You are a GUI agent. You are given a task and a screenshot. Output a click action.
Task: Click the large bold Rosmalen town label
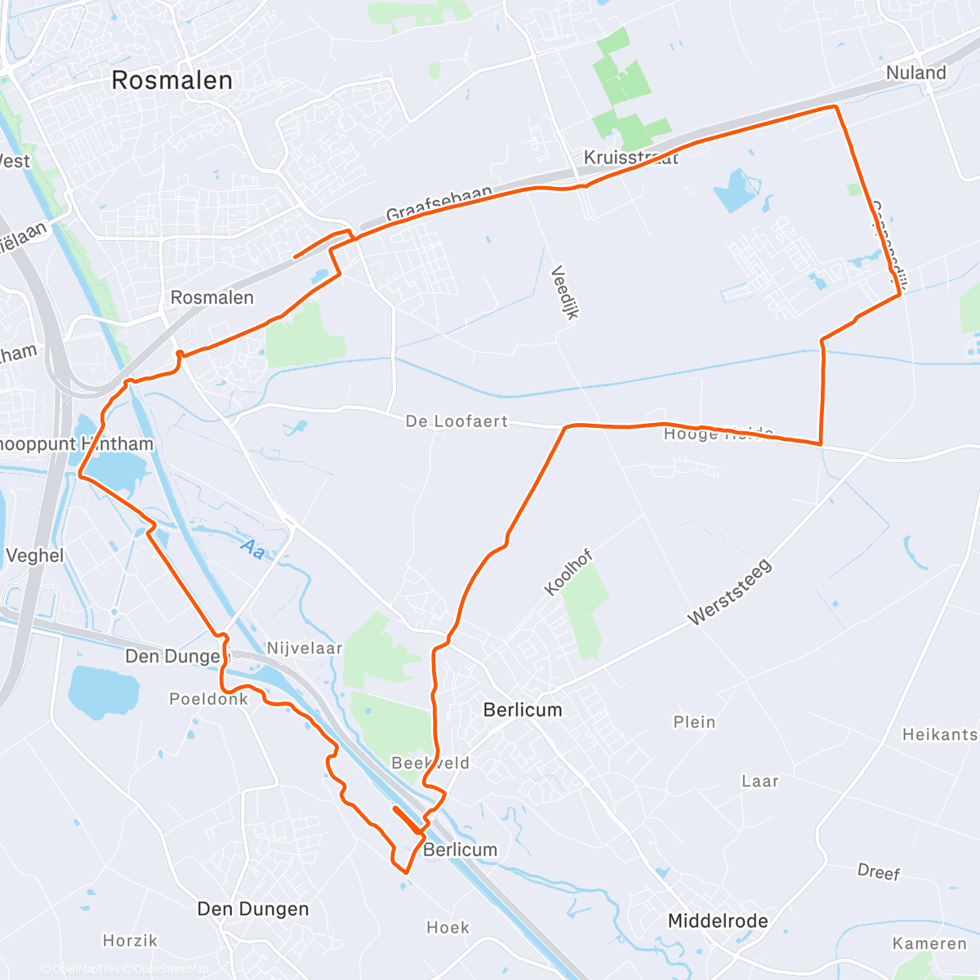pyautogui.click(x=171, y=80)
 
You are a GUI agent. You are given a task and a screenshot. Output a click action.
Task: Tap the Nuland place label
pyautogui.click(x=915, y=73)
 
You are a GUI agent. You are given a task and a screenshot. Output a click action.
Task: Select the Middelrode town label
pyautogui.click(x=717, y=921)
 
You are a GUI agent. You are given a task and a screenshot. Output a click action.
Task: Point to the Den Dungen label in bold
pyautogui.click(x=253, y=909)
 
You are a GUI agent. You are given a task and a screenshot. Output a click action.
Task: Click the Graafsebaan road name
pyautogui.click(x=439, y=203)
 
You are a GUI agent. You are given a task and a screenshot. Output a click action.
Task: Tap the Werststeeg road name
pyautogui.click(x=729, y=593)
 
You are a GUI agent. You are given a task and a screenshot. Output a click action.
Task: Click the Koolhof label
pyautogui.click(x=568, y=573)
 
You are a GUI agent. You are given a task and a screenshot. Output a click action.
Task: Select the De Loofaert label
pyautogui.click(x=457, y=421)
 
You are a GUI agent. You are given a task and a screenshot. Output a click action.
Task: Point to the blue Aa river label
pyautogui.click(x=253, y=549)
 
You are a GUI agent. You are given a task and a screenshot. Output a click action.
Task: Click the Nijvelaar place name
pyautogui.click(x=305, y=648)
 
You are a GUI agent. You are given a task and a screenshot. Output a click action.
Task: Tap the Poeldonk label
pyautogui.click(x=208, y=699)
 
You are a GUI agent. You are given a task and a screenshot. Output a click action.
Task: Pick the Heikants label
pyautogui.click(x=939, y=734)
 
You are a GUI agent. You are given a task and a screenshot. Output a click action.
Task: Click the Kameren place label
pyautogui.click(x=929, y=944)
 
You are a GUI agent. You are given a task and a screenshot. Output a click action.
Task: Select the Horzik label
pyautogui.click(x=130, y=941)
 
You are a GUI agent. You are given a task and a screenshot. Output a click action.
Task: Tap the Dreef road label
pyautogui.click(x=879, y=872)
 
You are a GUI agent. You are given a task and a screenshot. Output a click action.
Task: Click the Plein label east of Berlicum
pyautogui.click(x=694, y=722)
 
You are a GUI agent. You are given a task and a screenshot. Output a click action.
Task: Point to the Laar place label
pyautogui.click(x=759, y=782)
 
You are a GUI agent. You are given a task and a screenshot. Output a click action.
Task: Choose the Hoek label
pyautogui.click(x=448, y=928)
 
